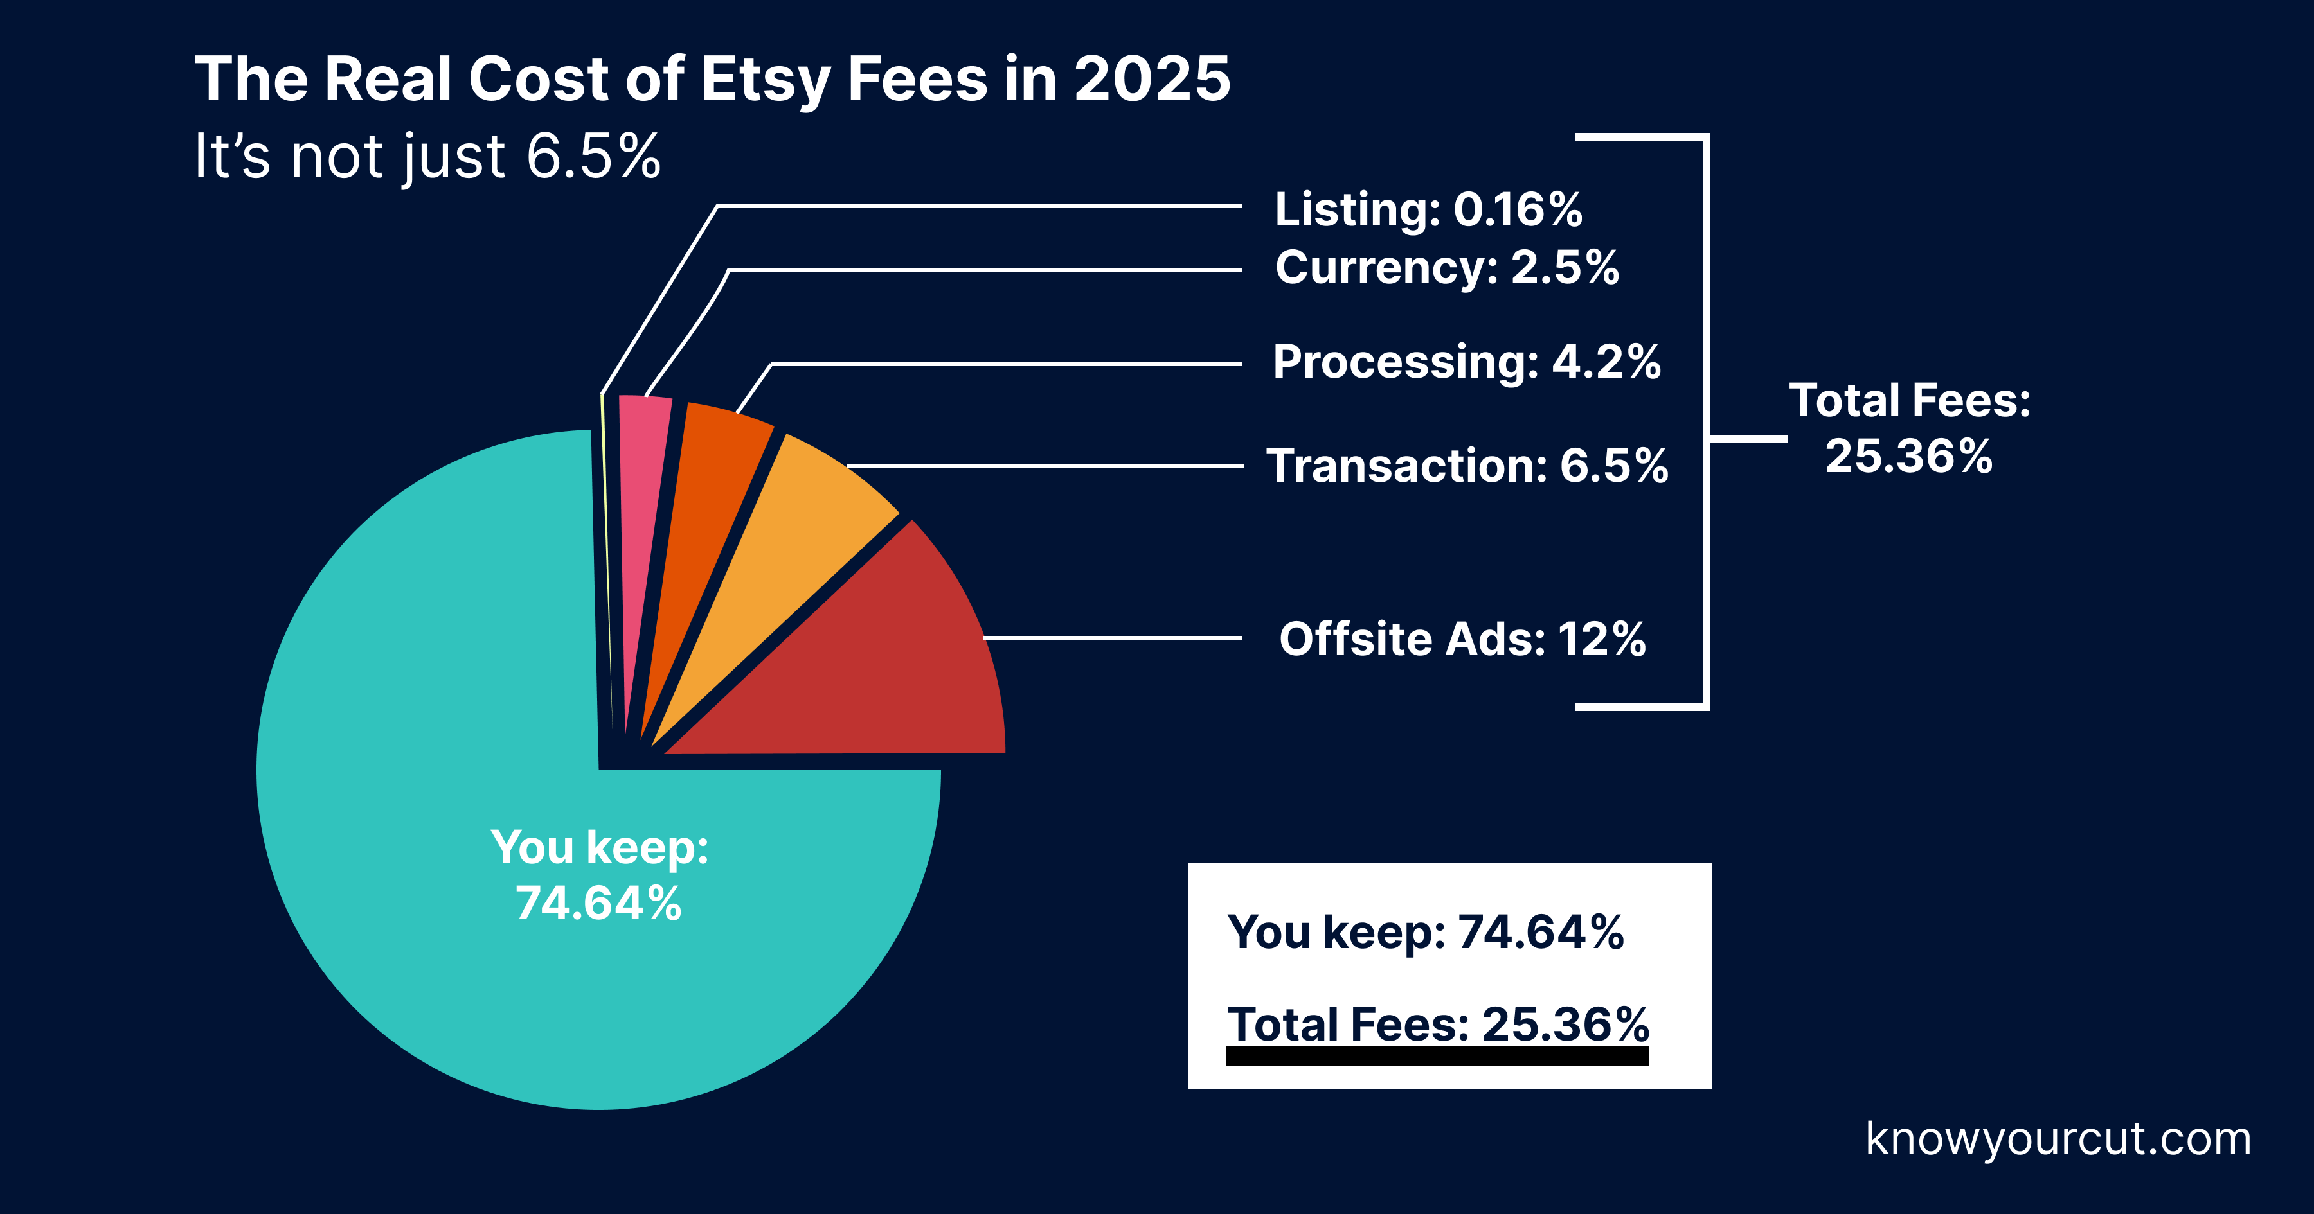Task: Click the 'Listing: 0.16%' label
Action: pyautogui.click(x=1428, y=209)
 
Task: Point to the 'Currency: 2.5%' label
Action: pyautogui.click(x=1446, y=268)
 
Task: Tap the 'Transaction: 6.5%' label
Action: pyautogui.click(x=1467, y=466)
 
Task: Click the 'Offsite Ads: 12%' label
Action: pyautogui.click(x=1462, y=639)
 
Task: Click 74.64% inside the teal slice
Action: pyautogui.click(x=598, y=903)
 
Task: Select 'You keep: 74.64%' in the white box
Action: pyautogui.click(x=1426, y=932)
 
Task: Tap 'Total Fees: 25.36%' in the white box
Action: pyautogui.click(x=1438, y=1025)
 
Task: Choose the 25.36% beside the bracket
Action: pyautogui.click(x=1909, y=456)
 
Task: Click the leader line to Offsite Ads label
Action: pyautogui.click(x=1114, y=638)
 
